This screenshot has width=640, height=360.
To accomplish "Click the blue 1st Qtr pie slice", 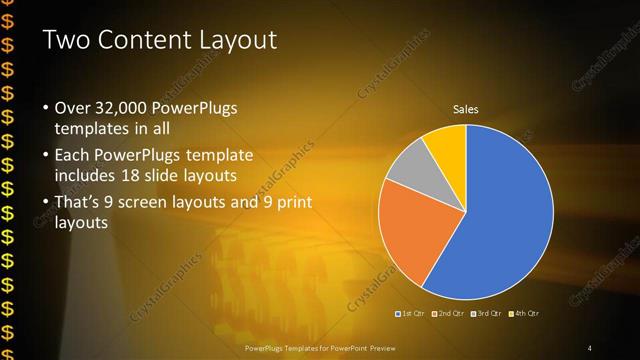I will (505, 215).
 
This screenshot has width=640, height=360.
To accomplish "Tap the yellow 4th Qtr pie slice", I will (446, 142).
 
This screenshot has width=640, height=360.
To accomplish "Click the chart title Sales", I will (466, 108).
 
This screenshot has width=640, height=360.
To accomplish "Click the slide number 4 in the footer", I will (590, 347).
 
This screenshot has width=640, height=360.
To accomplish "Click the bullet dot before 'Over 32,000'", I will (45, 108).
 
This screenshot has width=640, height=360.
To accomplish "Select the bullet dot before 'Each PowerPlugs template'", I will (45, 156).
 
